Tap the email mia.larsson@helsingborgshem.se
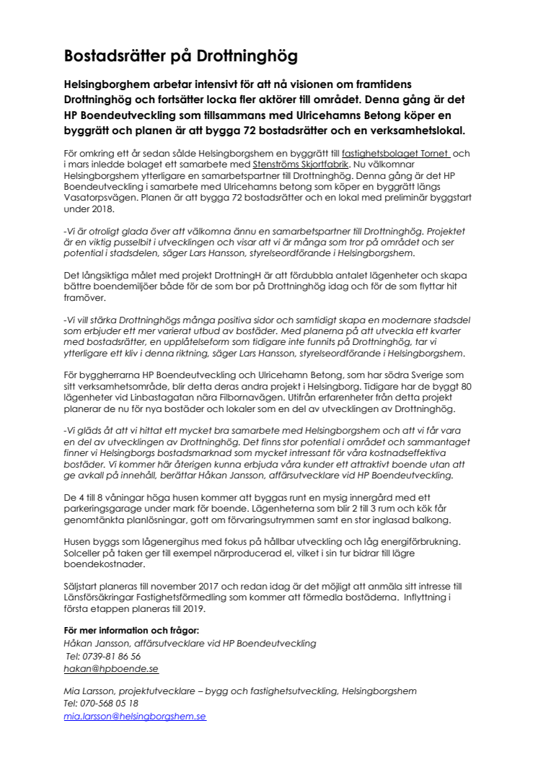tap(135, 717)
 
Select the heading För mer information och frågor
tap(126, 631)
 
